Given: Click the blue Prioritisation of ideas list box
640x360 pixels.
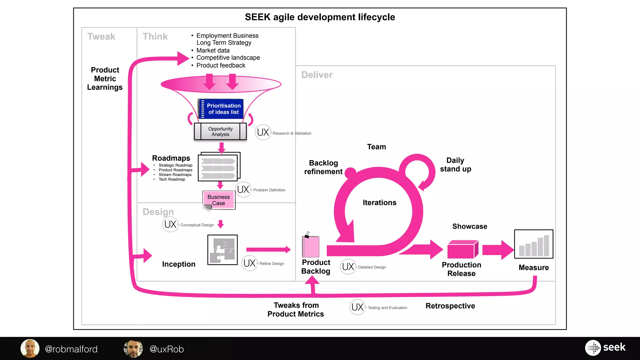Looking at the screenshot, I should coord(221,109).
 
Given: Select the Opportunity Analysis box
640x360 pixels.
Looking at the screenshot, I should coord(220,132).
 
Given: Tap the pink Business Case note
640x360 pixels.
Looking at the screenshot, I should coord(219,200).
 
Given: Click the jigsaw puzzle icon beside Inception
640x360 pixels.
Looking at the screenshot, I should coord(222,250).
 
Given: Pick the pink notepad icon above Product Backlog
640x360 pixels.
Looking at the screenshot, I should coord(311,246).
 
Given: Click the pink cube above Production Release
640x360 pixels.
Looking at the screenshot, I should coord(462,249).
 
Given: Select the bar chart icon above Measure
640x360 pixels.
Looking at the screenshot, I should coord(533,244).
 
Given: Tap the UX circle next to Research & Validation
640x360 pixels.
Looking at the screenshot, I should coord(263,132).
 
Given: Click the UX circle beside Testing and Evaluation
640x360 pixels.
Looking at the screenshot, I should coord(357,307).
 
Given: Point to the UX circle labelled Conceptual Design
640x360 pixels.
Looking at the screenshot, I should coord(170,224).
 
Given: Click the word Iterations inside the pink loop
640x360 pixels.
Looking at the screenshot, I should coord(379,202).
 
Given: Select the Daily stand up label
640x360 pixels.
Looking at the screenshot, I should coord(455,165).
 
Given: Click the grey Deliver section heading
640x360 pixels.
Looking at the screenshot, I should coord(317,75).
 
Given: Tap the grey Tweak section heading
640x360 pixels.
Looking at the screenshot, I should coord(101,37).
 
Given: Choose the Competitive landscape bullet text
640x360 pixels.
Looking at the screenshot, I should coord(228,58).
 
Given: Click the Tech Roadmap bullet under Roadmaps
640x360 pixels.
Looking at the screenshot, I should coord(172,179).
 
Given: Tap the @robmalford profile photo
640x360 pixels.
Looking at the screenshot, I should coord(30,348).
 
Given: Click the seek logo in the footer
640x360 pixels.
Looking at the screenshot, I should coord(605,347).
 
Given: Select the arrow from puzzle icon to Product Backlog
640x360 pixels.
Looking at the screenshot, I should coord(268,249).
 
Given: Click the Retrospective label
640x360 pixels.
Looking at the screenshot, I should coord(450,306).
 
